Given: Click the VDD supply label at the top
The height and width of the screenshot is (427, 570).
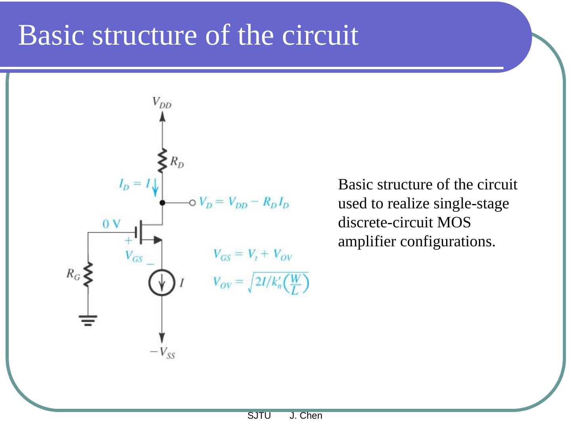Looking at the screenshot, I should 162,103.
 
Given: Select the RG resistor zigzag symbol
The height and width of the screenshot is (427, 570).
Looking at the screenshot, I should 88,274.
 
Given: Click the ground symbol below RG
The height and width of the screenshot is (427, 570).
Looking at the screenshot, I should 88,320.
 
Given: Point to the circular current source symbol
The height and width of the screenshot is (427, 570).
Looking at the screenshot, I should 162,283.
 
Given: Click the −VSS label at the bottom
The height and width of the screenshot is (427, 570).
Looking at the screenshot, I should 162,352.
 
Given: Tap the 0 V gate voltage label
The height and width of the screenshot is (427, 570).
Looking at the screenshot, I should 111,224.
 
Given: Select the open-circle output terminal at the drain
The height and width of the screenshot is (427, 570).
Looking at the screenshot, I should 192,203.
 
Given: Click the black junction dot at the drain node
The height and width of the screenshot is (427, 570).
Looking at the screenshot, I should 162,203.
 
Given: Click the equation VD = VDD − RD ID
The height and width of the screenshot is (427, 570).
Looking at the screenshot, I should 244,203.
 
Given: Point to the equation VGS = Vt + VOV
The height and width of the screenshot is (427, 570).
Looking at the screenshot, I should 252,255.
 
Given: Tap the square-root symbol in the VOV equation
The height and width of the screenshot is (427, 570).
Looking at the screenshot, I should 251,283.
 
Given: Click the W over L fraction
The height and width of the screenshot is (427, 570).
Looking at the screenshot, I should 295,284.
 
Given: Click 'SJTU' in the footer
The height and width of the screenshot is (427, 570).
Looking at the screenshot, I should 259,416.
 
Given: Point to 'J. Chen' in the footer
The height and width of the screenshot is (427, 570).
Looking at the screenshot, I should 306,416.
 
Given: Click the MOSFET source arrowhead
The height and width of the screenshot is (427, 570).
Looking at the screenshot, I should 157,240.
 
